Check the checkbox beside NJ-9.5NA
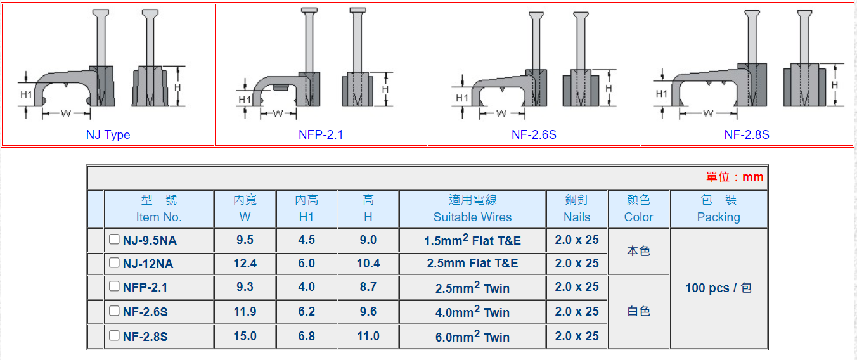(114, 239)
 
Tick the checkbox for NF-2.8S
(114, 335)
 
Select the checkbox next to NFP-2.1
(114, 286)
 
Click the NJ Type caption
(108, 134)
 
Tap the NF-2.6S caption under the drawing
(534, 134)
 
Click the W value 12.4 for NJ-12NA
(245, 263)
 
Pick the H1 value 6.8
(306, 336)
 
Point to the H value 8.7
(368, 286)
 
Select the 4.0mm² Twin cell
(472, 311)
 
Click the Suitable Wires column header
(472, 217)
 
